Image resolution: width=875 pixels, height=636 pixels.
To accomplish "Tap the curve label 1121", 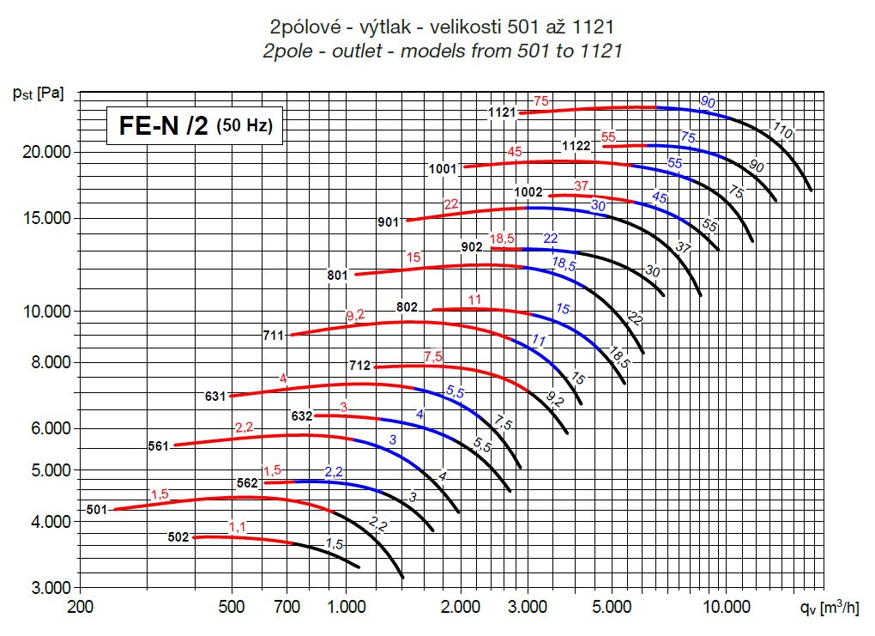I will tap(502, 112).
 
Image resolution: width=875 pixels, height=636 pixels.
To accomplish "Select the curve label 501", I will tap(96, 510).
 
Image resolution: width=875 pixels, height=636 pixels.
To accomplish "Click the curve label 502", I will tap(178, 537).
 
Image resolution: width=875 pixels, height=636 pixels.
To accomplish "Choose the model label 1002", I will tap(528, 192).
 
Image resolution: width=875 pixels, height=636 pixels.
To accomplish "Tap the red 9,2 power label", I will tap(355, 316).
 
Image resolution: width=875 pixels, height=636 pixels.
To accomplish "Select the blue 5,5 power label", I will tap(455, 392).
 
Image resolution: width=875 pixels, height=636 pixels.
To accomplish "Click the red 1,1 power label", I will tap(238, 526).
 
